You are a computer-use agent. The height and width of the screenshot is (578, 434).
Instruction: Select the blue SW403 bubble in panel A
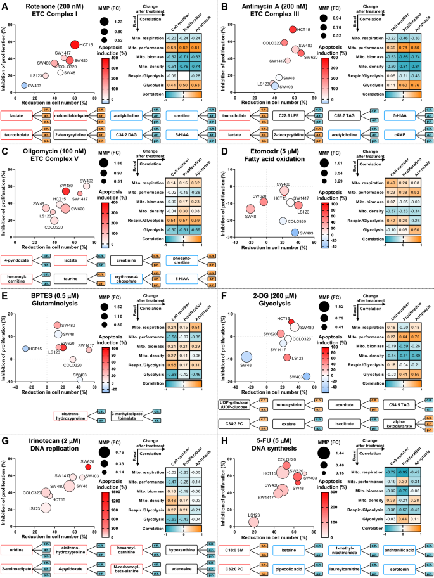(x=24, y=85)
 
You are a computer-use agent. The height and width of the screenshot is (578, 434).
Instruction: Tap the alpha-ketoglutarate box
(x=401, y=421)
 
